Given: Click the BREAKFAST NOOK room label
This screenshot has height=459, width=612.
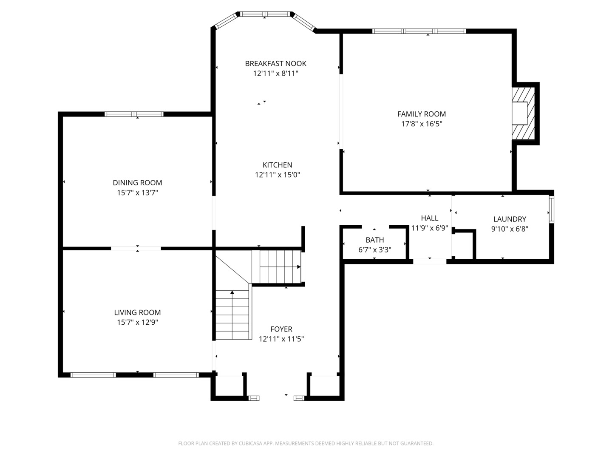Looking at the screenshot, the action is (x=275, y=64).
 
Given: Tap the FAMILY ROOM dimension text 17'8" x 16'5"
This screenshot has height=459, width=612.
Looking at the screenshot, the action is (x=422, y=124).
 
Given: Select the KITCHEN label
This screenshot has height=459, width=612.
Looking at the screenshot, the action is (x=277, y=165).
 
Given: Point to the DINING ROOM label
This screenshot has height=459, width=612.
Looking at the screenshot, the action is (x=137, y=183).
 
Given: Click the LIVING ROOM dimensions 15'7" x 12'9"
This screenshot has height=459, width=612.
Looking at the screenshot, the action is (x=137, y=323).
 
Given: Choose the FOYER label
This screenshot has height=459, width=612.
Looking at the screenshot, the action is (x=281, y=329).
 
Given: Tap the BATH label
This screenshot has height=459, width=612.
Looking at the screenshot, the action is (x=375, y=240).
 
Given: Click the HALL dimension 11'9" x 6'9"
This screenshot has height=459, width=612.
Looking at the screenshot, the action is (x=430, y=228).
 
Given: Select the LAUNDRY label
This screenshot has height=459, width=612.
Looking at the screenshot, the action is (x=510, y=219).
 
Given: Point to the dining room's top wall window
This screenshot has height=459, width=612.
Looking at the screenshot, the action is (x=134, y=114).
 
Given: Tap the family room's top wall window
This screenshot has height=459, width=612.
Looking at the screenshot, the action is (x=419, y=31).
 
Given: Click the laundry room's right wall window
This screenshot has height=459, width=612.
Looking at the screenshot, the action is (x=551, y=209).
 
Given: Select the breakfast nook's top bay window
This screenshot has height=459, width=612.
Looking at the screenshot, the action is (x=265, y=14).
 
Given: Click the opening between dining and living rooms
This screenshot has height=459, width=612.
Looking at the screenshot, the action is (x=136, y=248).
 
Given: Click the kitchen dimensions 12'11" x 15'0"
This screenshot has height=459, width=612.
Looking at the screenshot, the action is (x=278, y=175).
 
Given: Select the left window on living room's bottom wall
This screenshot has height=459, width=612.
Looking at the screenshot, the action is (x=93, y=375).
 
